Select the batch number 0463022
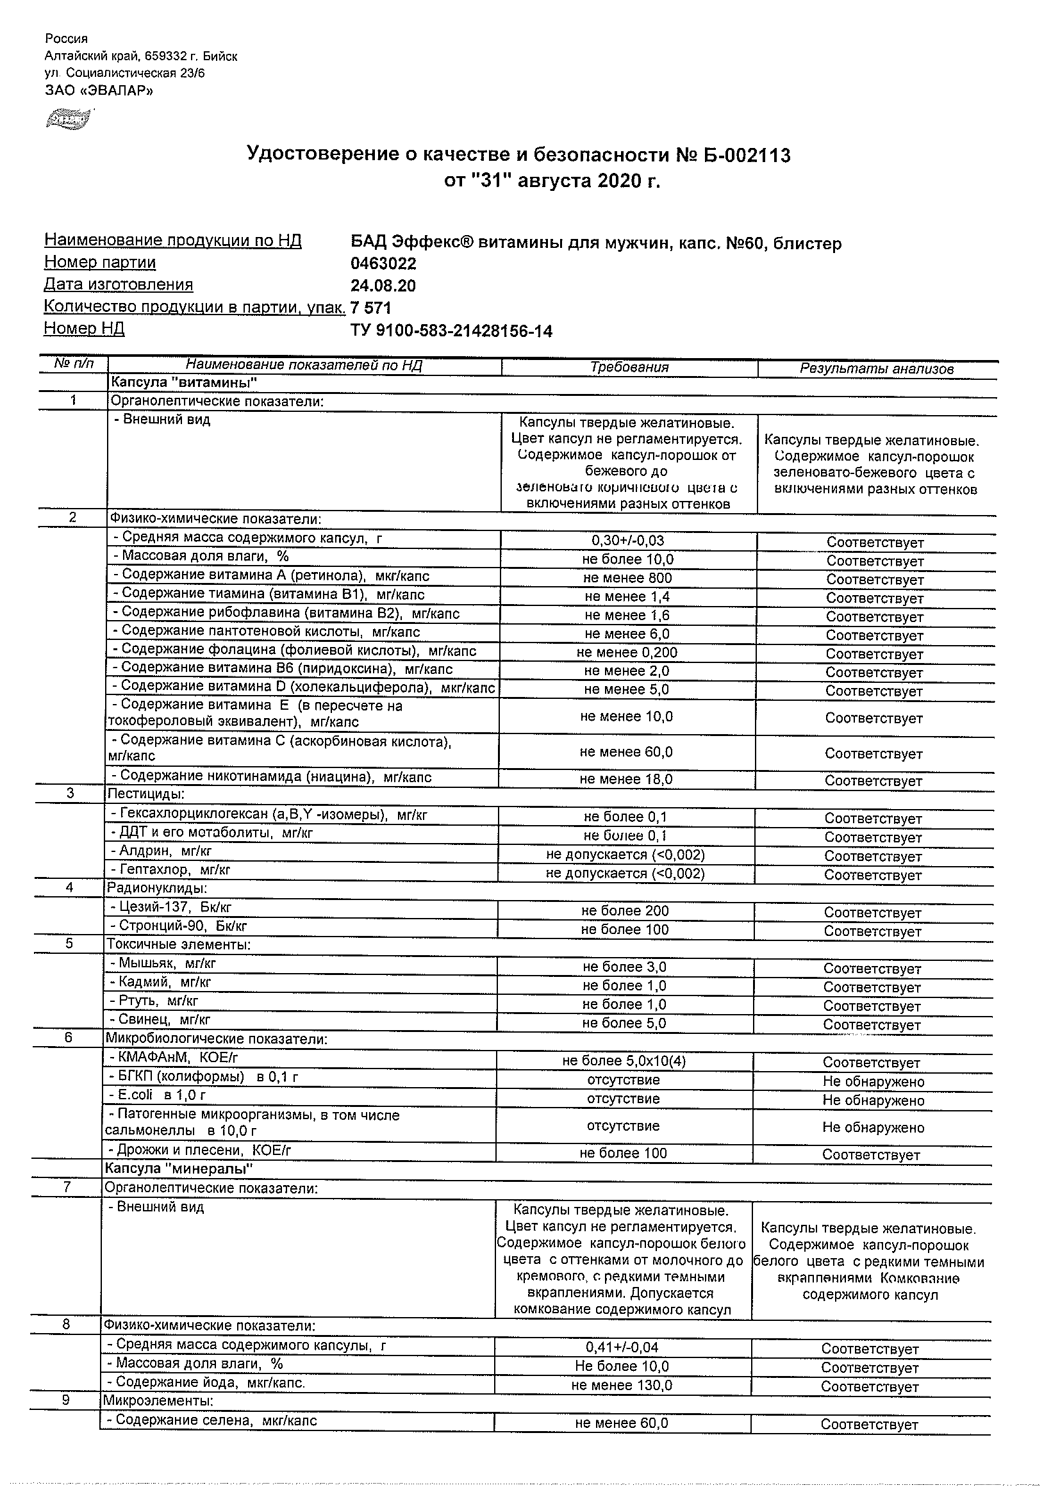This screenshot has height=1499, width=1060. click(x=383, y=264)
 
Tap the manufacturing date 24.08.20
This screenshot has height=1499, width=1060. click(x=383, y=286)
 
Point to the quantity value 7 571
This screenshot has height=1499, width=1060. click(x=370, y=307)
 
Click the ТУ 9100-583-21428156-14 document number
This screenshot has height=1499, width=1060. click(x=451, y=331)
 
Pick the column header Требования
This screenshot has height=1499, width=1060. click(x=629, y=367)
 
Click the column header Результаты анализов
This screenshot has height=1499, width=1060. click(x=877, y=369)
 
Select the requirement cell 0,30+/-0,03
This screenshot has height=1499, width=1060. click(x=627, y=541)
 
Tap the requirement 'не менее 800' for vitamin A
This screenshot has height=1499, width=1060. click(x=627, y=578)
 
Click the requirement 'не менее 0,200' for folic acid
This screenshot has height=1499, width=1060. click(x=627, y=652)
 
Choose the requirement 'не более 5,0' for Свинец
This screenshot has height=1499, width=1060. click(x=624, y=1023)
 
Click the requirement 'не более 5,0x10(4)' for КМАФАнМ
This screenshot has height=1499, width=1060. click(x=624, y=1061)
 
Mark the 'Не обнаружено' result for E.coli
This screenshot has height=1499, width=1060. click(x=874, y=1101)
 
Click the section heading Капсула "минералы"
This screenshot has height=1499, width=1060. click(x=179, y=1168)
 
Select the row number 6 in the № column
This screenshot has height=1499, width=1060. click(x=68, y=1038)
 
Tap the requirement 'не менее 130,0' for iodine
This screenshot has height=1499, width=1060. click(x=621, y=1386)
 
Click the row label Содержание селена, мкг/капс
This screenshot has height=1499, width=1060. click(x=211, y=1420)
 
